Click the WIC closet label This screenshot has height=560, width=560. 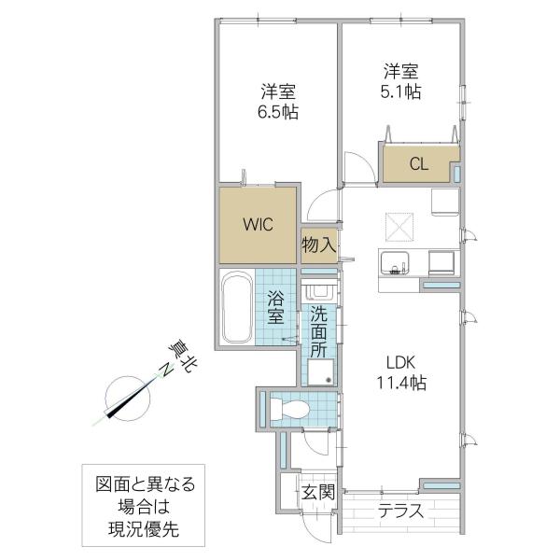(x=259, y=225)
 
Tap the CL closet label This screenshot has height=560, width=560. (x=418, y=164)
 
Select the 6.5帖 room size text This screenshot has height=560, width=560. (x=278, y=112)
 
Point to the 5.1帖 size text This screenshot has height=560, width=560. (x=400, y=91)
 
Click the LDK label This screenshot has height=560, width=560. (x=401, y=363)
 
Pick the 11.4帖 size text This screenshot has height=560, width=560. (x=401, y=383)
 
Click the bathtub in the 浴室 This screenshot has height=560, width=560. (x=236, y=307)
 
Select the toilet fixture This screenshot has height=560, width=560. (x=289, y=409)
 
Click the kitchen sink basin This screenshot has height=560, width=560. (x=395, y=263)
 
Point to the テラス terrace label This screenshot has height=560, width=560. (x=400, y=511)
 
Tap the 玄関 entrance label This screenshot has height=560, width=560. (x=318, y=492)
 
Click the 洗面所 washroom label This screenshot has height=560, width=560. (x=318, y=332)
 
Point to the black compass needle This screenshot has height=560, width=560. (x=127, y=401)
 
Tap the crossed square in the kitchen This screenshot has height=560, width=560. (x=399, y=228)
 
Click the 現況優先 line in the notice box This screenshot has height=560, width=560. (x=144, y=529)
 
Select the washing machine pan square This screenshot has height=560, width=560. (x=320, y=372)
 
